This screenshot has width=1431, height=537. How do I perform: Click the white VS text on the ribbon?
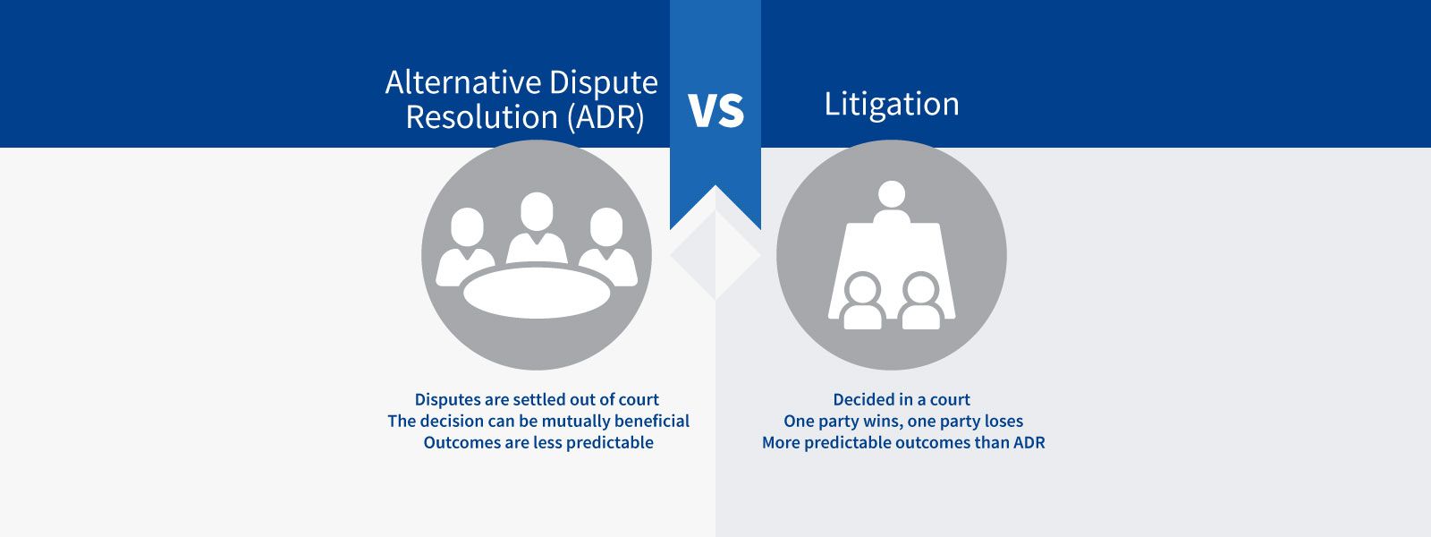click(x=716, y=110)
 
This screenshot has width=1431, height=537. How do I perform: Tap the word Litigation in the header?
click(x=892, y=104)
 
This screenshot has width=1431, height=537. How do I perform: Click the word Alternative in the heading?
click(x=463, y=82)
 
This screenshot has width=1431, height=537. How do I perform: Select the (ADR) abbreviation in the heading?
click(x=605, y=117)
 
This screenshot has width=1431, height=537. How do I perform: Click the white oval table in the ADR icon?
click(x=537, y=293)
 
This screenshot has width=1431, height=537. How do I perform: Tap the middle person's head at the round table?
click(x=537, y=211)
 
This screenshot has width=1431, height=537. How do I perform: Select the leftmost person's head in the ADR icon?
click(x=467, y=227)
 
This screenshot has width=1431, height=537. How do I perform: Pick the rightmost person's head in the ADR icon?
click(x=606, y=227)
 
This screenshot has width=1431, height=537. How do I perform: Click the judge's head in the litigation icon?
click(x=891, y=194)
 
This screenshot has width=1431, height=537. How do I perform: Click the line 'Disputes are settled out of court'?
click(x=537, y=399)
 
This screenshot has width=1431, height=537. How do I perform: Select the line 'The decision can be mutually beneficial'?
click(x=538, y=422)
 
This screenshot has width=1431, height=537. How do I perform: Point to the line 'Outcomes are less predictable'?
click(x=538, y=442)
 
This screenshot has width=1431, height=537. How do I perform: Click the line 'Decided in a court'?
click(x=902, y=399)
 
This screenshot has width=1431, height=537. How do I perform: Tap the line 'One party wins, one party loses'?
click(x=903, y=422)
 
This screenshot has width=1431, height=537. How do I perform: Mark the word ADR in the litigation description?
click(x=1029, y=442)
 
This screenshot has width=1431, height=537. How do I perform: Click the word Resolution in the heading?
click(x=482, y=117)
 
